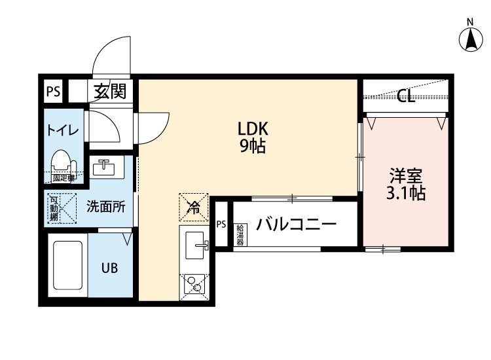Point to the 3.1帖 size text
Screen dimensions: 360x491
click(406, 194)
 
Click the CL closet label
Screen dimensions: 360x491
click(406, 98)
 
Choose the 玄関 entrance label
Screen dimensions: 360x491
click(110, 91)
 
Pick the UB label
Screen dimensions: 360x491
click(109, 267)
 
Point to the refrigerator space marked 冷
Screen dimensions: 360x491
click(194, 208)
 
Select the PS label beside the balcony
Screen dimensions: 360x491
click(221, 225)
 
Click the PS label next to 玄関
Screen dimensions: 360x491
click(53, 92)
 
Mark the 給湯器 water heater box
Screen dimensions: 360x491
click(240, 234)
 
